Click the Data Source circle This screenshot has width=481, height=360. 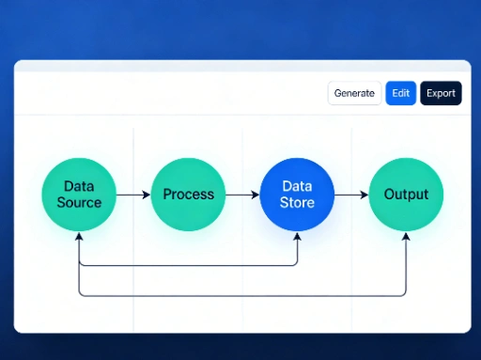79,195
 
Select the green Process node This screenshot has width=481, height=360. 188,195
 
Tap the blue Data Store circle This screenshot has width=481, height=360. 297,195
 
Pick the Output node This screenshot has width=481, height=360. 406,195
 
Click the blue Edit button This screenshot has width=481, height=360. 400,93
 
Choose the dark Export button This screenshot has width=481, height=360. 441,93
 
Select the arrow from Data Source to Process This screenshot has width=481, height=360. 133,195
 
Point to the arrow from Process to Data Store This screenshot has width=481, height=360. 242,195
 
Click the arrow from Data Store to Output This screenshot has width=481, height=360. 351,195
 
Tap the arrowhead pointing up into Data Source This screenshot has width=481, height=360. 79,237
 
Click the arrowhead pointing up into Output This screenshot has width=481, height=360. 406,237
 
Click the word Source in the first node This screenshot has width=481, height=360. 79,202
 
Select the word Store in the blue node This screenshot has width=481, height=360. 297,202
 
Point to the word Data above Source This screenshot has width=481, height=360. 79,186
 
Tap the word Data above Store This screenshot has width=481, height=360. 297,186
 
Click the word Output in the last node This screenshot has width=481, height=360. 406,195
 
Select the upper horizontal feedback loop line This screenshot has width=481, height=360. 188,265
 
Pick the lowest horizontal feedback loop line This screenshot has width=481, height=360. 242,295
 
